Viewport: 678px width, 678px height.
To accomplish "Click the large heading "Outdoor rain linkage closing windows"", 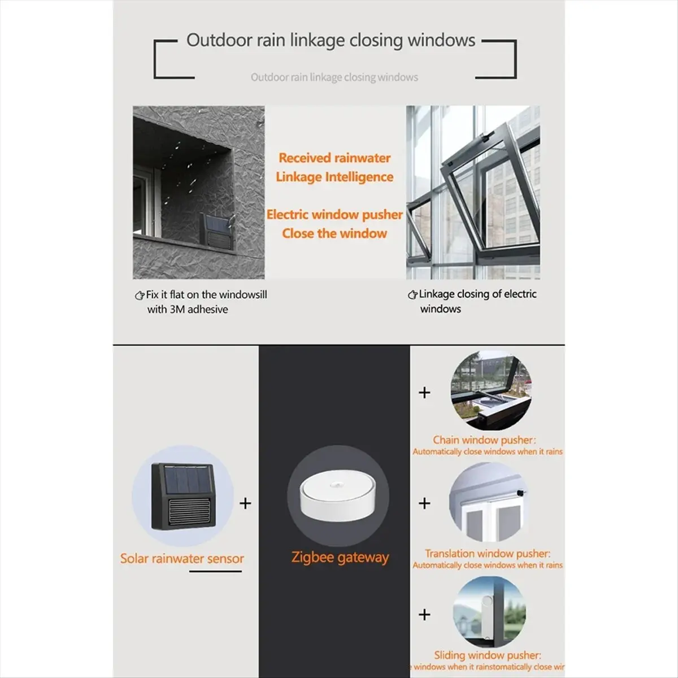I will click(331, 41).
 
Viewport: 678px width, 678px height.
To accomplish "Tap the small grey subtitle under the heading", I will click(334, 77).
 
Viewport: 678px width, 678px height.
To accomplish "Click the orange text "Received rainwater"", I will click(334, 158).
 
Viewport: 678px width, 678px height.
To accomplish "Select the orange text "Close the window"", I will click(334, 233).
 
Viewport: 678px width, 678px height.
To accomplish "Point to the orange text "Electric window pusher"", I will click(334, 215).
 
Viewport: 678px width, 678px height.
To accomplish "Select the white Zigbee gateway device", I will click(338, 502).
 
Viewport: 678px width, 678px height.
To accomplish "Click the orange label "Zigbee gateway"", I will click(340, 558).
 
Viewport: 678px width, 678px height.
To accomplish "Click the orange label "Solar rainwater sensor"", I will click(182, 559).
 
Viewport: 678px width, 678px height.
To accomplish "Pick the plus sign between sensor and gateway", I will click(245, 503).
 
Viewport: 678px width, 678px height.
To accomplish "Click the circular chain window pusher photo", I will click(490, 390).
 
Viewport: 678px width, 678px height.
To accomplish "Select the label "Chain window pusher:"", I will click(484, 440).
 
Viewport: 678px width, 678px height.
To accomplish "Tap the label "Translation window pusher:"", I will click(488, 554).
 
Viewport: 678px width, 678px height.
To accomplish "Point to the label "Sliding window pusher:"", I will click(487, 655).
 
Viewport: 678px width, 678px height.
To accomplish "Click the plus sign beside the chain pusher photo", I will click(424, 392).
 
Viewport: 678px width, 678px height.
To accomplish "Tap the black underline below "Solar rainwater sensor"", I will click(215, 571).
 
